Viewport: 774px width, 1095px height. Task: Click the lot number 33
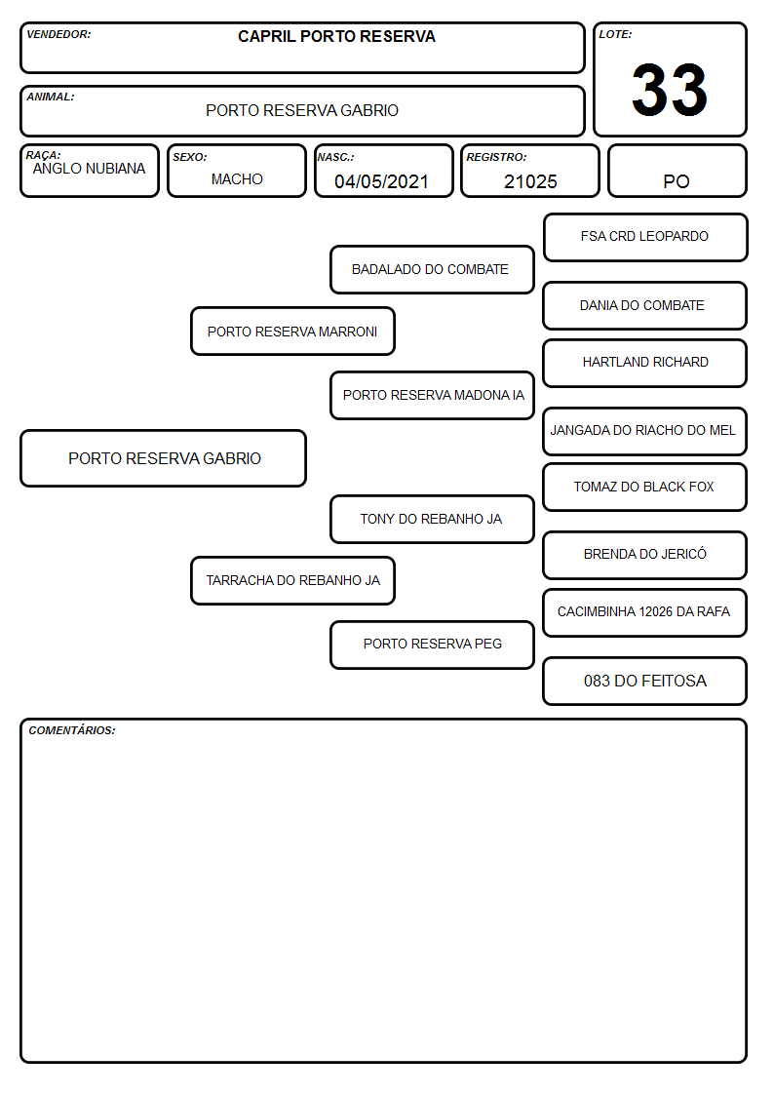(670, 90)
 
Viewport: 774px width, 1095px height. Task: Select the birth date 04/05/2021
(381, 181)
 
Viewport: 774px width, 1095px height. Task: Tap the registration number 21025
(530, 181)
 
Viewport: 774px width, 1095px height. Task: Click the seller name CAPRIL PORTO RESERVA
(336, 36)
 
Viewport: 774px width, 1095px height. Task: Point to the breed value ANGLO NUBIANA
(90, 169)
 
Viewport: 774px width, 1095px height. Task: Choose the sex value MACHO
(237, 179)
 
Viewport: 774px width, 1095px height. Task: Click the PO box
(677, 171)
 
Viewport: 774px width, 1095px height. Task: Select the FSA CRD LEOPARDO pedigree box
(645, 238)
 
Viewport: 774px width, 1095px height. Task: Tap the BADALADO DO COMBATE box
(432, 269)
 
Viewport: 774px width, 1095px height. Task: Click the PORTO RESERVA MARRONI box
(293, 331)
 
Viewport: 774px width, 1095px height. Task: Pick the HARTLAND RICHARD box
(645, 363)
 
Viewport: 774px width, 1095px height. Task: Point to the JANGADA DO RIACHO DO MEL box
(645, 431)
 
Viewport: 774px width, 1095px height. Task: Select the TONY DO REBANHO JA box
(432, 519)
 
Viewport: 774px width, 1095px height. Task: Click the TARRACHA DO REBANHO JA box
(293, 580)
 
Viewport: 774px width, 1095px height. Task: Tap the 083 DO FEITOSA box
(645, 681)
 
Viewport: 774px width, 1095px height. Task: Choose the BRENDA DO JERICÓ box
(645, 555)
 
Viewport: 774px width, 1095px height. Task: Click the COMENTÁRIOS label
(72, 730)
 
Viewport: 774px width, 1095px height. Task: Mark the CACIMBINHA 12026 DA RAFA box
(645, 612)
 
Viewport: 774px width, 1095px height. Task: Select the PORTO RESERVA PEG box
(432, 645)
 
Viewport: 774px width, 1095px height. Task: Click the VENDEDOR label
(58, 34)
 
